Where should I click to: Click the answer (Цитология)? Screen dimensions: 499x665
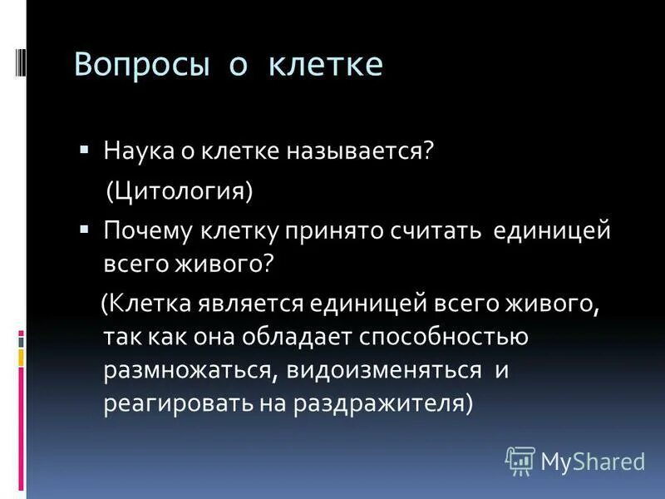point(179,191)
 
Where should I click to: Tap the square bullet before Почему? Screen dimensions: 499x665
point(85,228)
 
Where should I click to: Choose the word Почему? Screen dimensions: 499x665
point(146,230)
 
